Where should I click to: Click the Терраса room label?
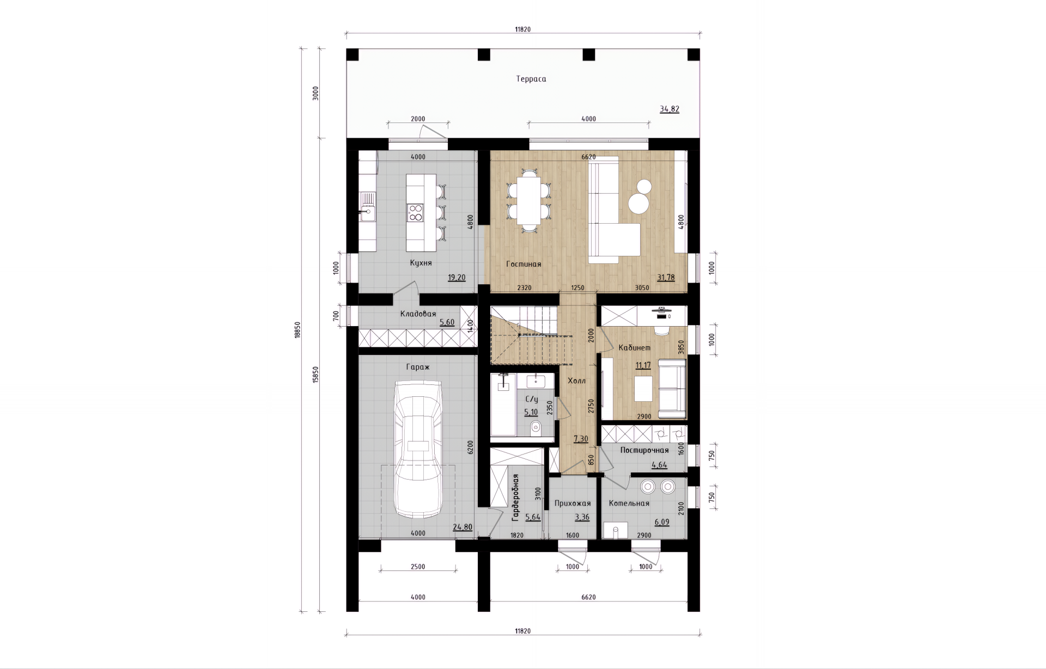(x=531, y=79)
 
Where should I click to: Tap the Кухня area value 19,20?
(x=457, y=278)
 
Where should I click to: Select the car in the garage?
(x=418, y=450)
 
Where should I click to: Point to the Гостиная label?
(x=524, y=265)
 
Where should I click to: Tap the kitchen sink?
(x=367, y=207)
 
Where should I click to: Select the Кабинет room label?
(x=635, y=348)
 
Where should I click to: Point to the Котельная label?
(x=629, y=504)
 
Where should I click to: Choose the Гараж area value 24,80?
(x=463, y=527)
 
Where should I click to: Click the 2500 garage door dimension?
(x=418, y=567)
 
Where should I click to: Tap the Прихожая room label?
(x=573, y=504)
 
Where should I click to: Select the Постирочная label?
(x=644, y=451)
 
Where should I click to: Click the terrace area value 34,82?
(x=670, y=109)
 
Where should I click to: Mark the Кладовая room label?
(x=418, y=314)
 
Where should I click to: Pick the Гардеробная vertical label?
(x=515, y=498)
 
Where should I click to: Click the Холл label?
(x=577, y=381)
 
